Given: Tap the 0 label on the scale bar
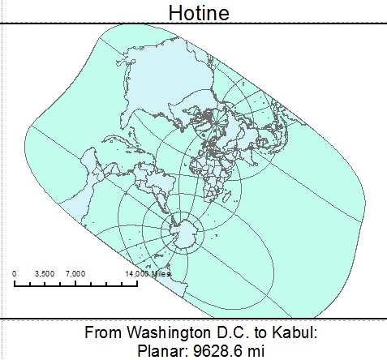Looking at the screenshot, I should pyautogui.click(x=15, y=273).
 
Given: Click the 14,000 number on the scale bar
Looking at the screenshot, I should pyautogui.click(x=135, y=273).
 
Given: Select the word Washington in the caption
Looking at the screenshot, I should pyautogui.click(x=164, y=333).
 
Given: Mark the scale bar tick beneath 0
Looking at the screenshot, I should pyautogui.click(x=15, y=283).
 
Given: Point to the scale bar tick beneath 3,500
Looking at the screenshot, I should pyautogui.click(x=45, y=283).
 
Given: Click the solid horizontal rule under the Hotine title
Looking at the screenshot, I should pyautogui.click(x=193, y=24).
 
